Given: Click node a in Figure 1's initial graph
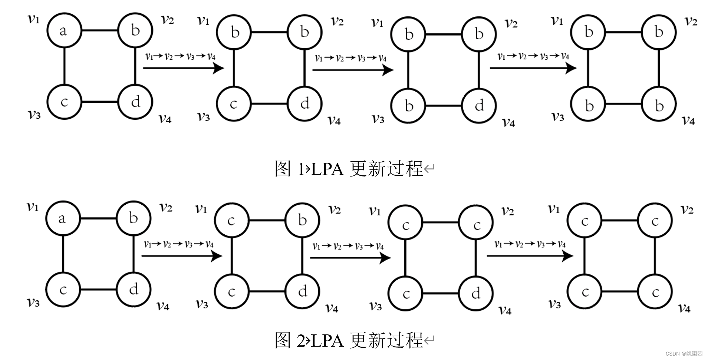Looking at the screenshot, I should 64,30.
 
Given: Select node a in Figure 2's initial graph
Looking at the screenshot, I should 62,218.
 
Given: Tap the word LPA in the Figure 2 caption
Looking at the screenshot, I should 327,340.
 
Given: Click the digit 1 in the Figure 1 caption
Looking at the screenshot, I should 301,169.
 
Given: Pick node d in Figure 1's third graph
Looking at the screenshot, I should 479,106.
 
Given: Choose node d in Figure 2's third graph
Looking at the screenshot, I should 476,294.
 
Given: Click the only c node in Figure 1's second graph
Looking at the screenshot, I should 234,104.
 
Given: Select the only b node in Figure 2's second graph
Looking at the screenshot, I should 302,220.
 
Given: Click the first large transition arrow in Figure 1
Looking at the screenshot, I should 184,68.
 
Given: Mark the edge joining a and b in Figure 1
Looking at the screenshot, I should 99,30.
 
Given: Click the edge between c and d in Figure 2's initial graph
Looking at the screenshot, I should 98,290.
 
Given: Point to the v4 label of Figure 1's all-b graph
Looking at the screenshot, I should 688,120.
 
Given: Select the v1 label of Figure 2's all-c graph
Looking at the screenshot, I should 554,209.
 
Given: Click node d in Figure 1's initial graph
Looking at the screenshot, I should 135,102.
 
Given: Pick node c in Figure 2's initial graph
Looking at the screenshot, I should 63,290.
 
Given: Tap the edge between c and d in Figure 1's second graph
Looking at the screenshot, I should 269,104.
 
